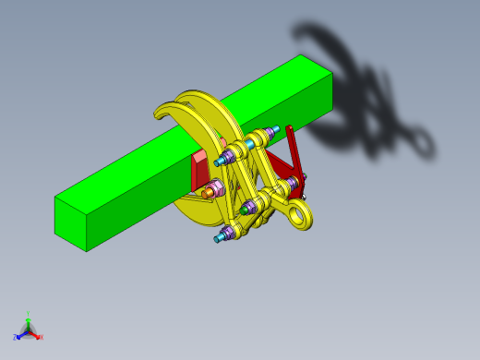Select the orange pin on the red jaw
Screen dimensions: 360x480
208,193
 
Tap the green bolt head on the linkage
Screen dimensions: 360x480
245,210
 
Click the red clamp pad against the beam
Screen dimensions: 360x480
199,170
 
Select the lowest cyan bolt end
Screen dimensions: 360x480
219,239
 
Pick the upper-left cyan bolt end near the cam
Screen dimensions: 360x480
220,162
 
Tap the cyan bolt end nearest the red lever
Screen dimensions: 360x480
274,128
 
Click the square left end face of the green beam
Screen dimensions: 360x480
71,222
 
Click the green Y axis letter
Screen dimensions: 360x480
28,314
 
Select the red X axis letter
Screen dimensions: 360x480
41,337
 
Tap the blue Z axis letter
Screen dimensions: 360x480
15,338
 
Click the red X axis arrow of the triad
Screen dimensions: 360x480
35,334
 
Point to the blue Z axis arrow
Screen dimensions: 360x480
20,334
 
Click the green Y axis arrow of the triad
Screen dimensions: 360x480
28,322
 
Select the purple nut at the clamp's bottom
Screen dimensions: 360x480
227,231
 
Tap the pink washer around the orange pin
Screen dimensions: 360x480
215,189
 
